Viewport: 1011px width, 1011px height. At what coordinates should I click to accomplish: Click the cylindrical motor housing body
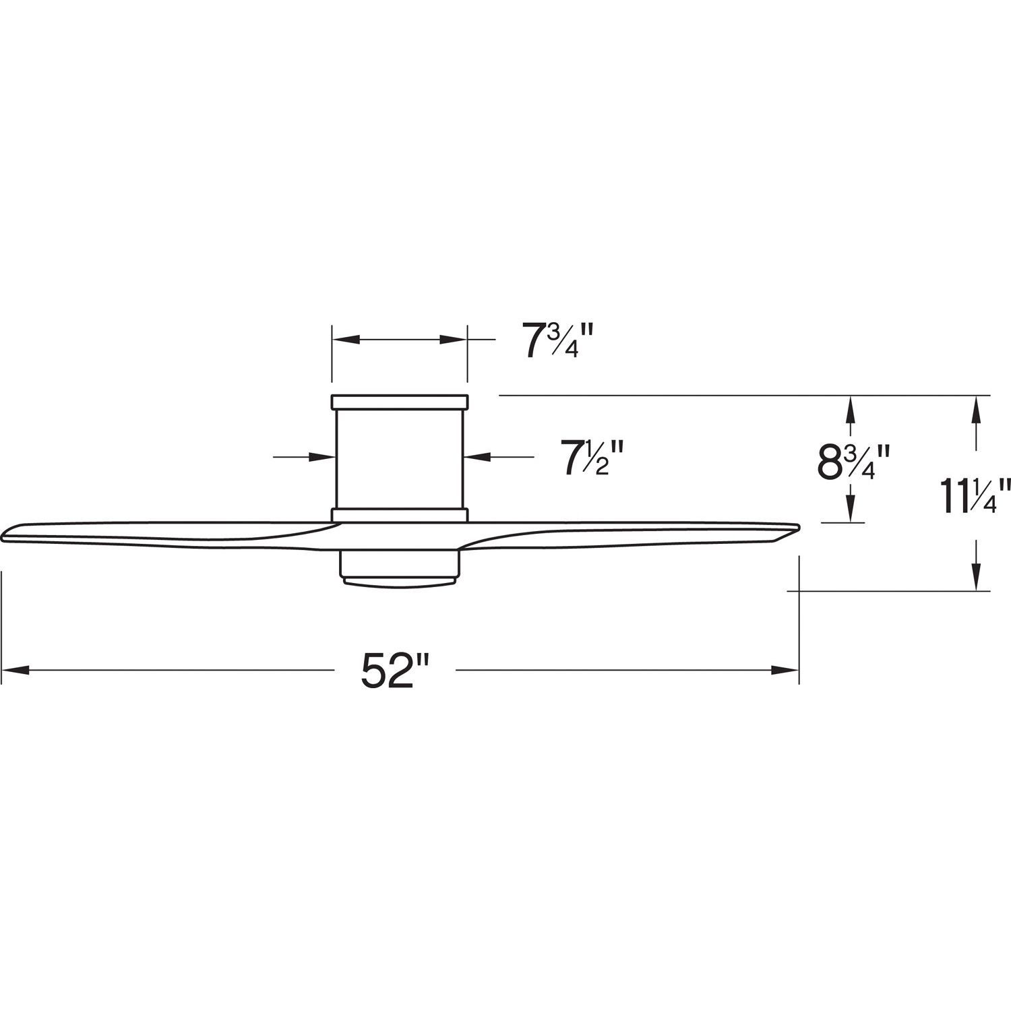[399, 458]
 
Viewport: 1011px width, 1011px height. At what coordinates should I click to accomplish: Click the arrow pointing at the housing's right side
[477, 457]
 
